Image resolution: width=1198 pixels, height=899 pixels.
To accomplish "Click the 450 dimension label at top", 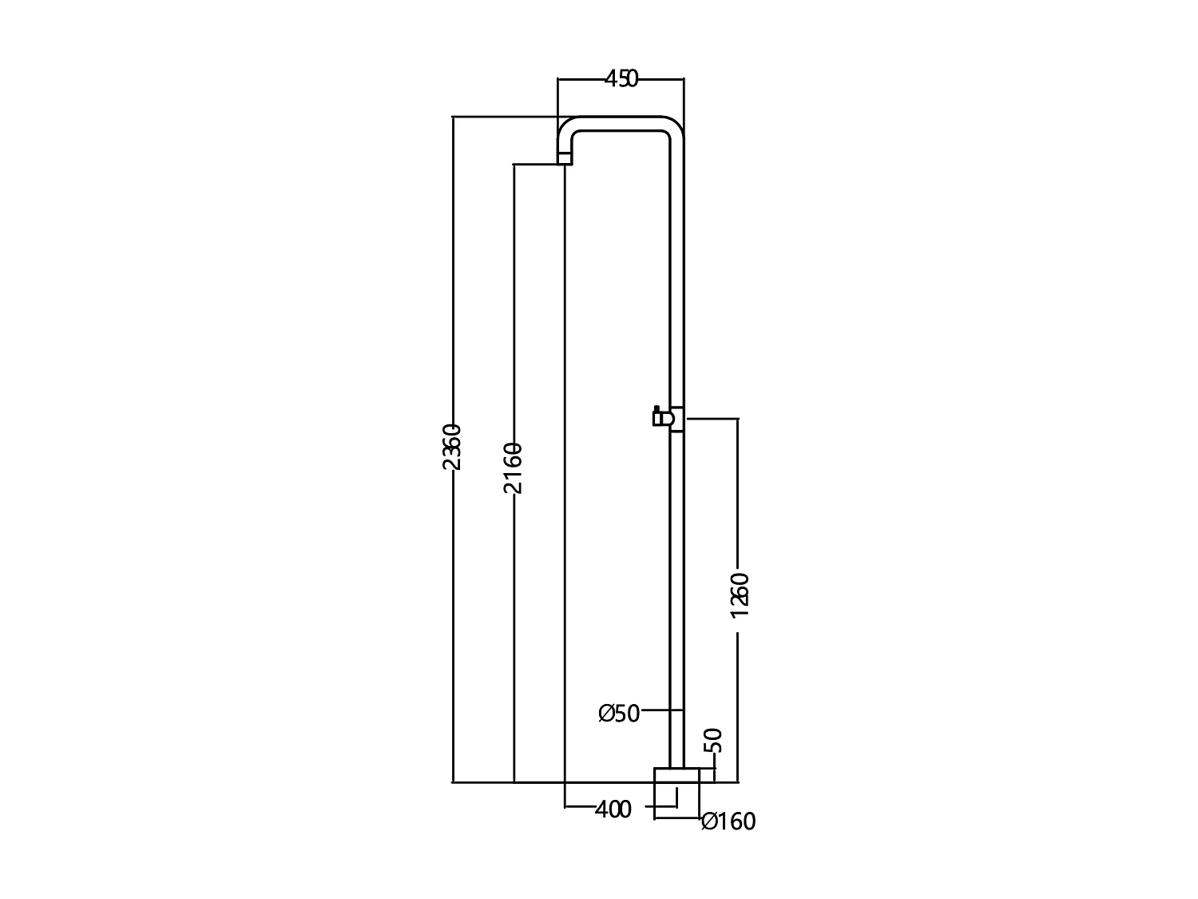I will click(x=621, y=79).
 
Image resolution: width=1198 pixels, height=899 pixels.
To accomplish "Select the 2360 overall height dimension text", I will click(x=452, y=448).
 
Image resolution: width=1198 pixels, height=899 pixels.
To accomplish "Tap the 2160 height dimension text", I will click(x=514, y=467).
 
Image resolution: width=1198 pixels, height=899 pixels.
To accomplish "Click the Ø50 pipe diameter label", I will click(x=620, y=714).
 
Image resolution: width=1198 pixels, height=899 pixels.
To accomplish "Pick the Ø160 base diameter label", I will click(x=728, y=821).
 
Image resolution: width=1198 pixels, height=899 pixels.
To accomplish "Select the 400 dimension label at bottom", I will click(x=613, y=809).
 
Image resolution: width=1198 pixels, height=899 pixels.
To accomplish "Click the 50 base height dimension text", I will click(x=714, y=740).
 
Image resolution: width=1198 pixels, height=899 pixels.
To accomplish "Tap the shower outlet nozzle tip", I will click(x=565, y=159).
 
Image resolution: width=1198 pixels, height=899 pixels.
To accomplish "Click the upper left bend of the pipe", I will click(x=568, y=129).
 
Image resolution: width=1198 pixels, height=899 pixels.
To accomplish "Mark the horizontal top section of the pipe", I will click(x=621, y=123).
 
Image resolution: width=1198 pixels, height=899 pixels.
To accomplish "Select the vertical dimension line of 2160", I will click(x=514, y=639).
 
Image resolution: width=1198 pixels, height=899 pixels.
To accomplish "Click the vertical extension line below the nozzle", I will click(x=565, y=479).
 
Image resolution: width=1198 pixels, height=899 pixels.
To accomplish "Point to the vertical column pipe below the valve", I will click(x=676, y=599).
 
